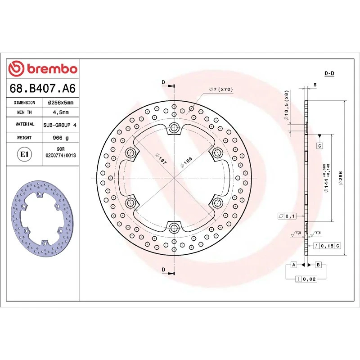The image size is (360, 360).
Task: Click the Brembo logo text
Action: point(43,69)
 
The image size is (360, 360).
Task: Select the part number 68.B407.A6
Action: point(42,88)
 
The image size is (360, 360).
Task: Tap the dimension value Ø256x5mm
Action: point(60,103)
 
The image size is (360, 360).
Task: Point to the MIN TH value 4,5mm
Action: point(60,112)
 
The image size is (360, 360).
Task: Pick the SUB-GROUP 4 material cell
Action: point(60,124)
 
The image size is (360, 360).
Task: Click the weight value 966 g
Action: point(60,138)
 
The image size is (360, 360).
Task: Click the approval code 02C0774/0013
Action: point(60,155)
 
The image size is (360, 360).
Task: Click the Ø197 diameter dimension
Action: point(160,158)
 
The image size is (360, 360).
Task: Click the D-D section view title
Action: point(329,73)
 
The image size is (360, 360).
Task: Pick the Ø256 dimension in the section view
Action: point(341,178)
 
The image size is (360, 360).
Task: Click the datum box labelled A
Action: point(293,265)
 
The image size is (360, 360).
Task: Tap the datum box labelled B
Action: point(318,265)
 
